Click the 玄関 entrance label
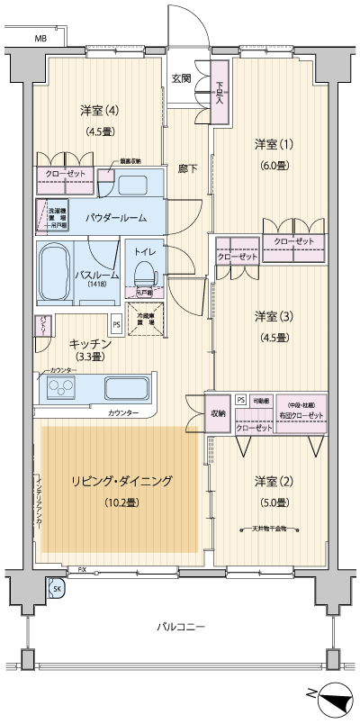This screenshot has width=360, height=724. click(x=181, y=78)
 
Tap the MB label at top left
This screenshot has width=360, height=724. click(x=40, y=40)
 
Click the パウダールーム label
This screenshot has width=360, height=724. click(x=117, y=218)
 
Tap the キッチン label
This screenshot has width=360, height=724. click(x=89, y=344)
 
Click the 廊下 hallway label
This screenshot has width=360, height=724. click(x=186, y=168)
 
